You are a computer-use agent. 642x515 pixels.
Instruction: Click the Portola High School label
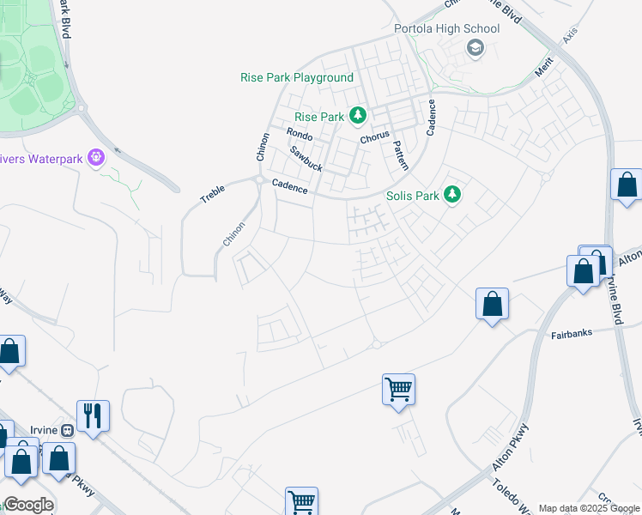[446, 28]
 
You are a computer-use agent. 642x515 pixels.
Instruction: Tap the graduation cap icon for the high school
[475, 49]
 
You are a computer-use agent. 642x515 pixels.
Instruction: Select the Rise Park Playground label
[296, 77]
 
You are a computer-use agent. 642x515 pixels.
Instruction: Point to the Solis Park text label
[413, 196]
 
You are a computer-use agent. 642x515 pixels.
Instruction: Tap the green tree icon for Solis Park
[453, 196]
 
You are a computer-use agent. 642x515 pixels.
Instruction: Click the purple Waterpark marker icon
[95, 158]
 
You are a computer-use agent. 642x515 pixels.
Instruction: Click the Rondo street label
[300, 135]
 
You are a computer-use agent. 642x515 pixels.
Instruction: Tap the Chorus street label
[375, 136]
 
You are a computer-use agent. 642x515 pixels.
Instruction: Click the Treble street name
[212, 192]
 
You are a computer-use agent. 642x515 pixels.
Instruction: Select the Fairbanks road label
[572, 334]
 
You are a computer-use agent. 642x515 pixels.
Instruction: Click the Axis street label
[570, 37]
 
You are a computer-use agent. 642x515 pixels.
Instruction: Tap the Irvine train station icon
[66, 430]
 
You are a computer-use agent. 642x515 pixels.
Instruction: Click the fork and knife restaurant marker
[94, 416]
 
